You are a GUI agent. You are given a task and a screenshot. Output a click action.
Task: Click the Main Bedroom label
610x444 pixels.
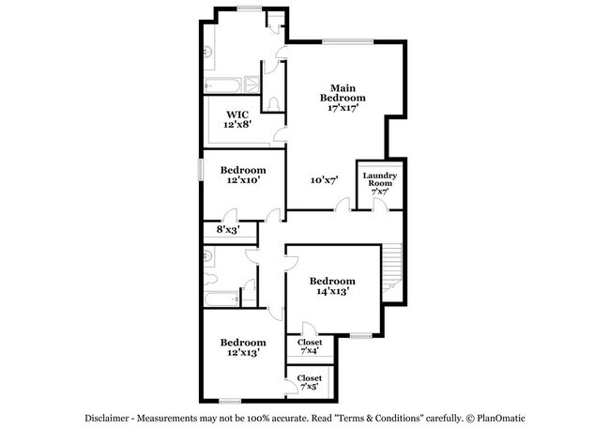pos(342,98)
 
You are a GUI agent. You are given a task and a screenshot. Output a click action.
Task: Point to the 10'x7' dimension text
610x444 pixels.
pos(323,179)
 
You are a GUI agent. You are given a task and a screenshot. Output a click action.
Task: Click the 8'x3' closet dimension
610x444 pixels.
pos(228,228)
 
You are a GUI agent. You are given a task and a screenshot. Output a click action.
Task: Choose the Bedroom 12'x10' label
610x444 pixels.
pos(243,175)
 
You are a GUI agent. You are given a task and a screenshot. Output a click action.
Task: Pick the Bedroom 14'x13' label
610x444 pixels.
pos(332,286)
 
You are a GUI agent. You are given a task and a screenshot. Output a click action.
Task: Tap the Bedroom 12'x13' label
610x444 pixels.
pos(243,347)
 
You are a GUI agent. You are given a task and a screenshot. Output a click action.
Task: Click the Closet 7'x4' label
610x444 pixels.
pos(310,347)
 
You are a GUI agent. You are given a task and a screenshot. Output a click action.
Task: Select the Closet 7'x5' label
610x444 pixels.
pos(310,382)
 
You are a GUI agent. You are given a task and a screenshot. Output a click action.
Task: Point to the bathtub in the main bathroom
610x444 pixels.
pos(223,84)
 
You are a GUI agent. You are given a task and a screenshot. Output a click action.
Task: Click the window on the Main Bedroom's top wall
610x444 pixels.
pos(346,40)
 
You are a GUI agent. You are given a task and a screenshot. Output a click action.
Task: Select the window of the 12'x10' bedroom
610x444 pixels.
pos(201,168)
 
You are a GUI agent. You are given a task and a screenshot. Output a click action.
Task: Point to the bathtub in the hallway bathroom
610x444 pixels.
pos(223,299)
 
